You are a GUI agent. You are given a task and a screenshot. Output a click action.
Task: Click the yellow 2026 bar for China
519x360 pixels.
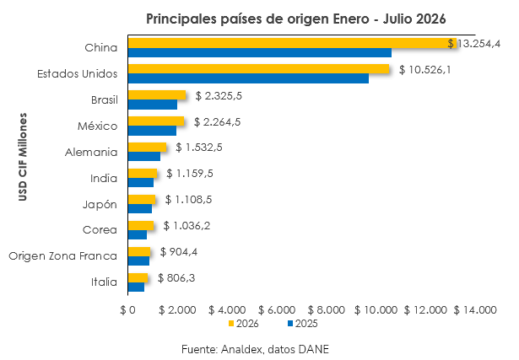tap(293, 43)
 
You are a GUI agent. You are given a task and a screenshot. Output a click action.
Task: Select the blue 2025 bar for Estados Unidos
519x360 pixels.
tap(249, 78)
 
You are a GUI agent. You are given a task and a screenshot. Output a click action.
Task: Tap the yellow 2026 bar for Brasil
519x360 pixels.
tap(157, 95)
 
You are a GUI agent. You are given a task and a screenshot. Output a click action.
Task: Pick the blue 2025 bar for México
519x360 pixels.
tap(152, 131)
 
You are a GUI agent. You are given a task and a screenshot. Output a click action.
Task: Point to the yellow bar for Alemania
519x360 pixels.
tap(148, 147)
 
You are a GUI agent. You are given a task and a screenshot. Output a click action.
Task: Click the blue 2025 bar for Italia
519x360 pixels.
tap(137, 287)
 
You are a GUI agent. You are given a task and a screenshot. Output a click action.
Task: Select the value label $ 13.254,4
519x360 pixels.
tap(474, 43)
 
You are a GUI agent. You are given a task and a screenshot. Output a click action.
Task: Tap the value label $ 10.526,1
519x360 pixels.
tap(425, 70)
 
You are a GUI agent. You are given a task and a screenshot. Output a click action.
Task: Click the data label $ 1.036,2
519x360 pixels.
tap(187, 226)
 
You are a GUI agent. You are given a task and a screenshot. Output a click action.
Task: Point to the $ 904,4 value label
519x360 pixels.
tap(179, 252)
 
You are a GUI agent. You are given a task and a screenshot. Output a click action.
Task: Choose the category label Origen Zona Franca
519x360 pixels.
tap(63, 256)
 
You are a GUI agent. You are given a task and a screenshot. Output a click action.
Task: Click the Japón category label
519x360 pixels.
tap(100, 205)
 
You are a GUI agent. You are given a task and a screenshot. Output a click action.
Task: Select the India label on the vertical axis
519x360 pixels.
tap(104, 178)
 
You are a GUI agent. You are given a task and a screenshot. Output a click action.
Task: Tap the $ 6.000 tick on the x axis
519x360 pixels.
tap(277, 310)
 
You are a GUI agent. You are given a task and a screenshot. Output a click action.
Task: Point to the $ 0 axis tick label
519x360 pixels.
tap(127, 310)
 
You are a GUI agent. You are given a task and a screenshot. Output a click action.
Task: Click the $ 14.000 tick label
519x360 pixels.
tap(475, 310)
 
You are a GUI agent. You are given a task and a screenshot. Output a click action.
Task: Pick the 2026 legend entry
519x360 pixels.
tap(244, 324)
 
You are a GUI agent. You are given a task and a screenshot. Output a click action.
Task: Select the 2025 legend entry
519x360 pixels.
tap(303, 324)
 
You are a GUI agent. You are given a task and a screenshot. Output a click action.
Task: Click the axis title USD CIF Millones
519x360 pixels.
tap(23, 157)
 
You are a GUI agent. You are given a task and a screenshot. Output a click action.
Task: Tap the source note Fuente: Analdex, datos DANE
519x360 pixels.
tap(255, 349)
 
